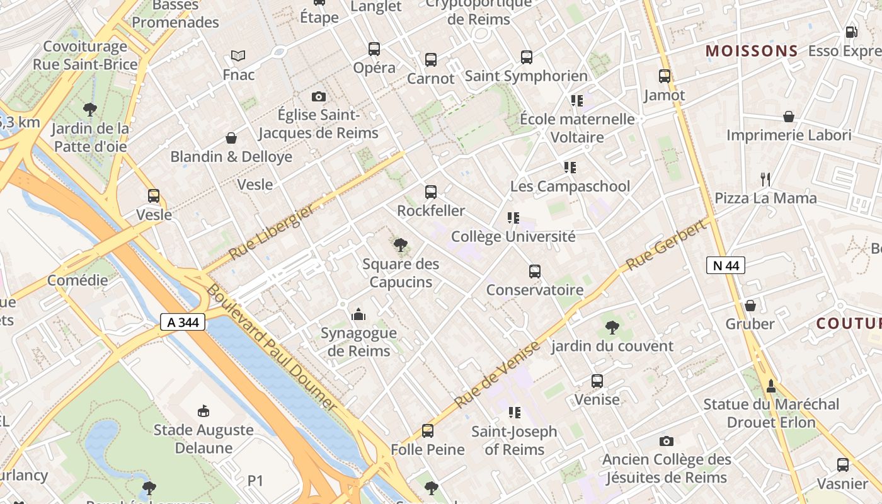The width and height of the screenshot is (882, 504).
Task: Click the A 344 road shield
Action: tap(183, 322)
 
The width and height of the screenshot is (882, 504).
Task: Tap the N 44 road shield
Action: tap(725, 265)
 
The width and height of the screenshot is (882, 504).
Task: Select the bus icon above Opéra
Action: tap(374, 49)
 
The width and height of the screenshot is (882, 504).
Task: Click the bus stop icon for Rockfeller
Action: tap(431, 192)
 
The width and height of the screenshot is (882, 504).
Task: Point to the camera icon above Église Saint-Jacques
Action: tap(319, 96)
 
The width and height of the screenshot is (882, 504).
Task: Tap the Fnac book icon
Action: tap(238, 56)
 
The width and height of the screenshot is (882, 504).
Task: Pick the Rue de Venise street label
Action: tap(498, 374)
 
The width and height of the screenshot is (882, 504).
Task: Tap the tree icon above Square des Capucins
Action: tap(400, 245)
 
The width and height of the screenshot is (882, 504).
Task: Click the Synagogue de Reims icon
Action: tap(358, 314)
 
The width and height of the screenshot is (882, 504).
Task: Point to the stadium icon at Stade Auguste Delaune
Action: tap(203, 411)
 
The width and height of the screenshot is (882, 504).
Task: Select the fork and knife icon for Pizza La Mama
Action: tap(765, 180)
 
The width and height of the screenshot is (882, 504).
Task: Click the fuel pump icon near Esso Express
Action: tap(851, 31)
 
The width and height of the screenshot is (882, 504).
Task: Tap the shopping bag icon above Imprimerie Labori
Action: tap(789, 117)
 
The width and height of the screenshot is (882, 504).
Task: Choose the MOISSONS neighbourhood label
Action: tap(751, 51)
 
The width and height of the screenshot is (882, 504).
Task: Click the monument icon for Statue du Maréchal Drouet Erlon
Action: tap(770, 386)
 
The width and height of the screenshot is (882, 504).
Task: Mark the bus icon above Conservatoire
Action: tap(535, 272)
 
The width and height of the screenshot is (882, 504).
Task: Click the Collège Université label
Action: tap(513, 236)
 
